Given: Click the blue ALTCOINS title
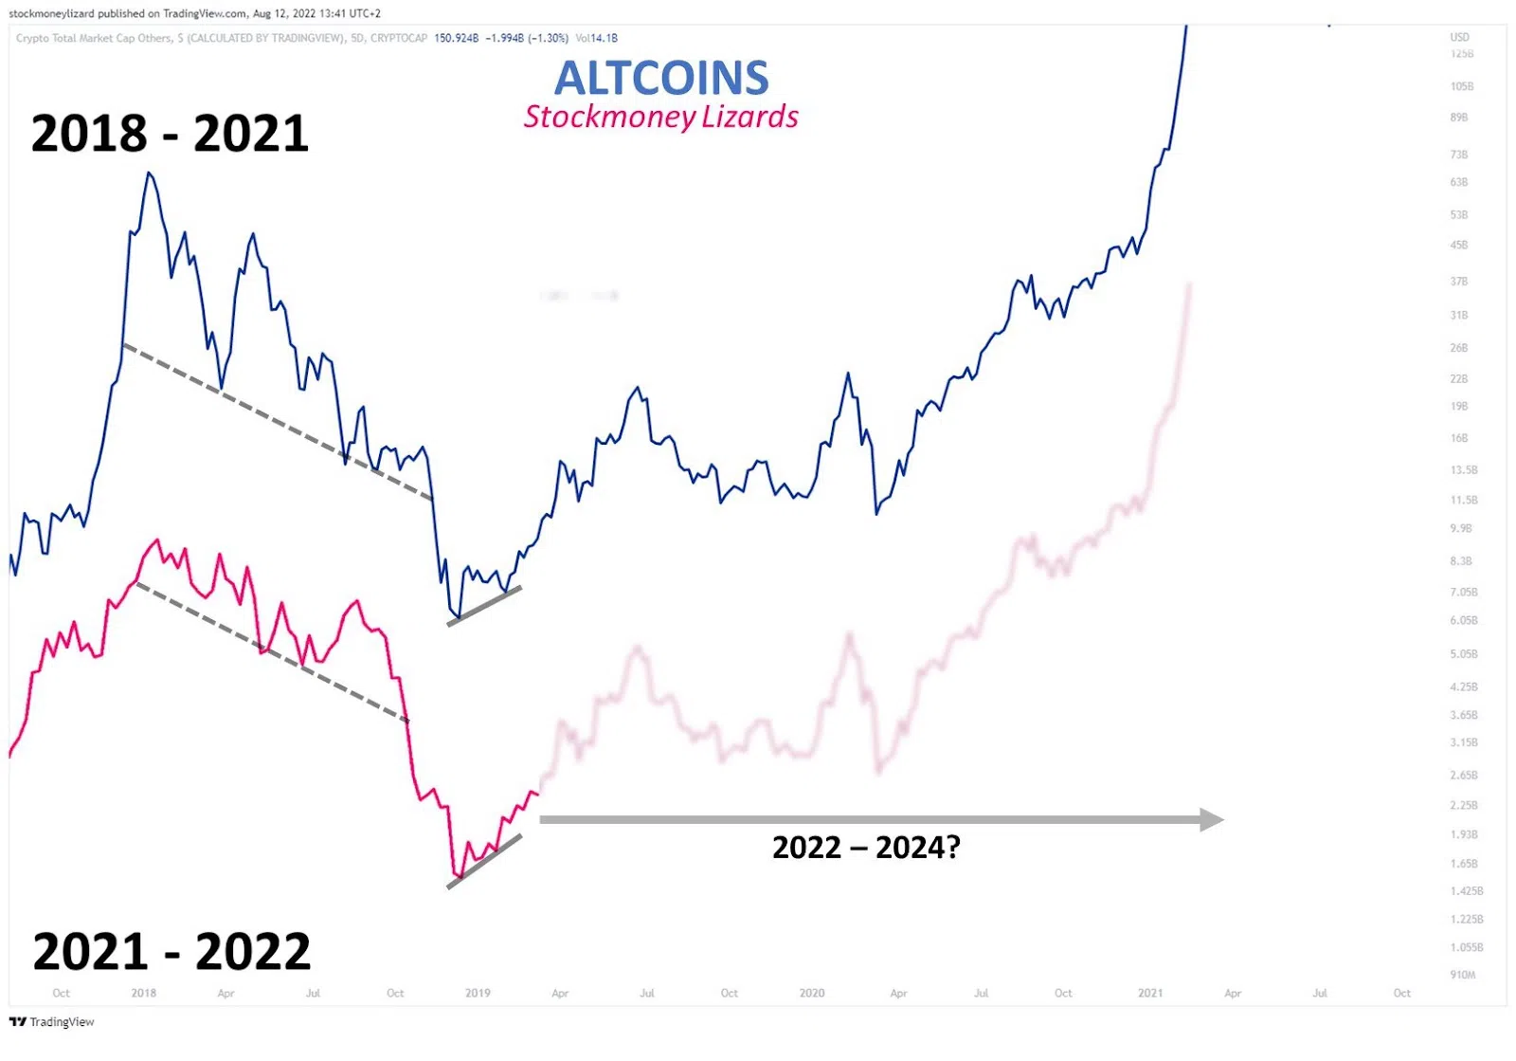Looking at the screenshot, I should click(x=661, y=78).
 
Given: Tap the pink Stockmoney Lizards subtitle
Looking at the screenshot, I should click(x=661, y=117).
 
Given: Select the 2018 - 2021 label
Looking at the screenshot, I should click(x=171, y=133).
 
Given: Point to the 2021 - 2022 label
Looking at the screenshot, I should click(x=171, y=951).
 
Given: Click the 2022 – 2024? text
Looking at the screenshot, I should click(x=866, y=847).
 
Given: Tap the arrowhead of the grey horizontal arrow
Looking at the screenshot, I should click(x=1212, y=819).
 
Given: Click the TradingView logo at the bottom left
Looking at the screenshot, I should click(x=52, y=1021).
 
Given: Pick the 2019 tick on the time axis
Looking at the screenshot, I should click(x=478, y=993).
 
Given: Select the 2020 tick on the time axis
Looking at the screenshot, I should click(x=812, y=993).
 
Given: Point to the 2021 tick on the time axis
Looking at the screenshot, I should click(x=1150, y=993).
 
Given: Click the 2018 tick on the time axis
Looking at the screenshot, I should click(x=144, y=993).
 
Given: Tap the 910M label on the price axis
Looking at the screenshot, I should click(x=1463, y=975).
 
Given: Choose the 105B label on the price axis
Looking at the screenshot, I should click(x=1462, y=86).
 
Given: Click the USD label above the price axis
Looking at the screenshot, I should click(x=1459, y=38).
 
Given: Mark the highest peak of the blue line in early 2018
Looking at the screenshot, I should click(x=150, y=174).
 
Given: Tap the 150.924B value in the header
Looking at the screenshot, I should click(x=456, y=38).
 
